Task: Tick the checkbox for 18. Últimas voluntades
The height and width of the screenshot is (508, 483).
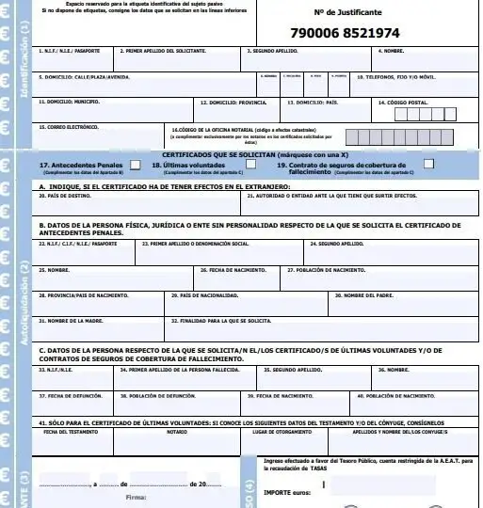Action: click(x=240, y=164)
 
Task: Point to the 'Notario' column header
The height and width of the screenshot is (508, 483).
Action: click(x=177, y=432)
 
